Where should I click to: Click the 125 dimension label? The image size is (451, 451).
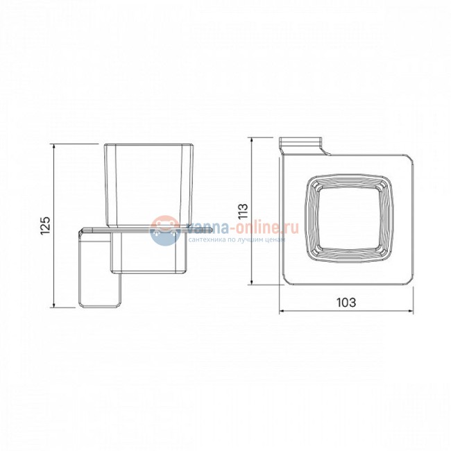(45, 226)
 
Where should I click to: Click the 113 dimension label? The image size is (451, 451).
(243, 211)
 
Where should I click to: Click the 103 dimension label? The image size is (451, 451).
(346, 303)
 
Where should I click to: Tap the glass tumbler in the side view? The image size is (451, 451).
(148, 185)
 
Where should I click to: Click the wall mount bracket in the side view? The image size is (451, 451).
(101, 268)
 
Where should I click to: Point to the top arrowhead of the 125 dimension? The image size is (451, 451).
(54, 146)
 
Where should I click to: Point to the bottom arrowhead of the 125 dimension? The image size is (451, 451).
(54, 305)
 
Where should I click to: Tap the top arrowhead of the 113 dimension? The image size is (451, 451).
(252, 140)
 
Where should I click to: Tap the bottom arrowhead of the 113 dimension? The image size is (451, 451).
(252, 282)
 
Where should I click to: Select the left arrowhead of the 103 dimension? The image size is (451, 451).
(282, 311)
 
